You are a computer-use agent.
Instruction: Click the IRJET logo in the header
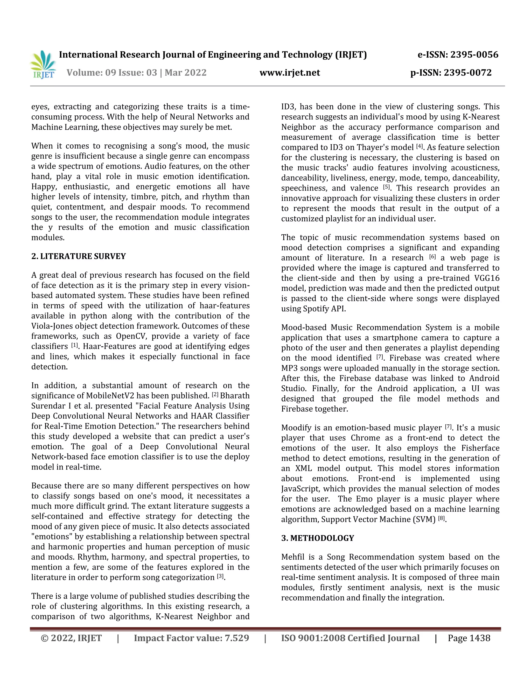(x=43, y=65)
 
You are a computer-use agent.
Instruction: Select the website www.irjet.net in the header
(x=289, y=73)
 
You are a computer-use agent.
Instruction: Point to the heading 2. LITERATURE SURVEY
(x=78, y=256)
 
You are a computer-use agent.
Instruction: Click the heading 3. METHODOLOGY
(x=317, y=538)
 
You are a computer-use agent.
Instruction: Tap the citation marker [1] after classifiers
(x=74, y=345)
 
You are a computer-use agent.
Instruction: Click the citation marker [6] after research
(x=432, y=257)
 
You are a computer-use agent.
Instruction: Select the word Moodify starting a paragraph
(x=295, y=428)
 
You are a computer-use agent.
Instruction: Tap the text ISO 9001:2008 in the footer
(x=313, y=638)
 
